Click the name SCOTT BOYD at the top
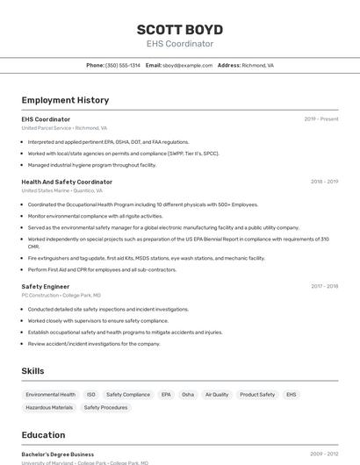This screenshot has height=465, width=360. point(179,28)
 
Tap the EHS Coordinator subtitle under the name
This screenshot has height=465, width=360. point(179,44)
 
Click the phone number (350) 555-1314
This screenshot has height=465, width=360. point(122,65)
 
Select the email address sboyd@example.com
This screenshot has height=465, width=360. point(187,65)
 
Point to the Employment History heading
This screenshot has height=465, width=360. point(65,100)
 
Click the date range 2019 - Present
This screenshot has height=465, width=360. point(321,119)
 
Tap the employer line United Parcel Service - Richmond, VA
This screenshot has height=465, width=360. point(64,128)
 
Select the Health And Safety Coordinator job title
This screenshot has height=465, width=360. point(67,182)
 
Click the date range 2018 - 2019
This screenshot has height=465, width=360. point(324,182)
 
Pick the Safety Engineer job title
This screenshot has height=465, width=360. point(46,286)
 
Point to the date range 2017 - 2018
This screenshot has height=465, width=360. point(324,286)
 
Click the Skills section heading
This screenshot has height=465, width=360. point(32,371)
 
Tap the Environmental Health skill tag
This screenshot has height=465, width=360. point(50,395)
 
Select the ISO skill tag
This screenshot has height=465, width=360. point(91,395)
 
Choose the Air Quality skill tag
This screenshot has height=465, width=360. point(217,395)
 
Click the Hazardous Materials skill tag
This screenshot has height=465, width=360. point(49,407)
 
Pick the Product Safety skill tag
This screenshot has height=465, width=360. point(257,395)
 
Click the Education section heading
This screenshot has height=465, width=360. point(43,435)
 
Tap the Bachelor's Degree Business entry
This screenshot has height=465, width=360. point(58,454)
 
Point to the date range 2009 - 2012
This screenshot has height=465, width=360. point(324,454)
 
